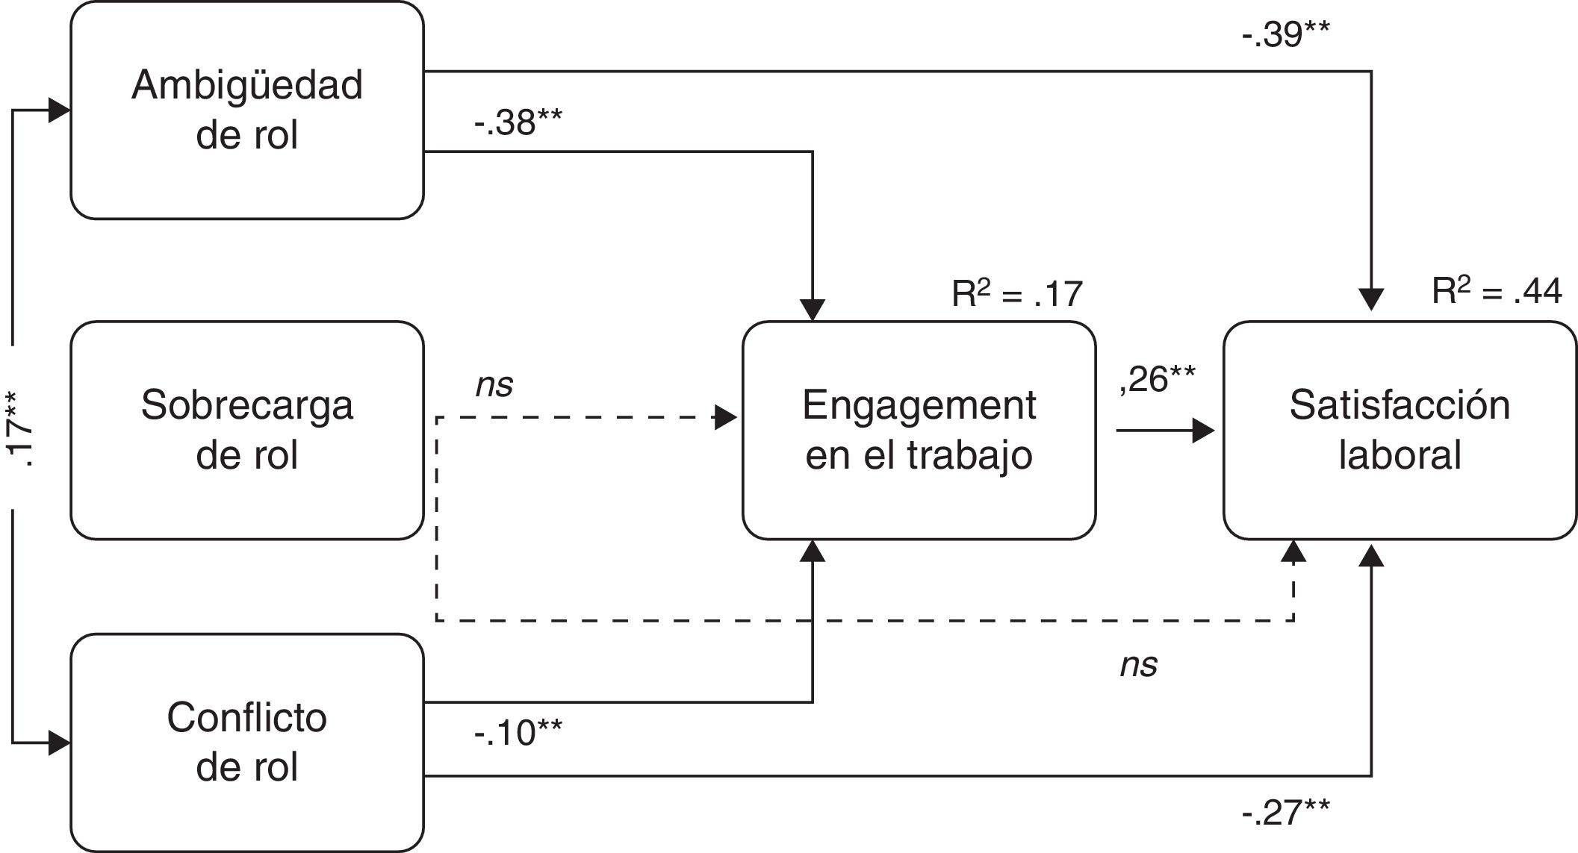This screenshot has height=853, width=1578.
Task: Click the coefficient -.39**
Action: (1285, 34)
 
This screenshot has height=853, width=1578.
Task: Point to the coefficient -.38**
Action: (518, 122)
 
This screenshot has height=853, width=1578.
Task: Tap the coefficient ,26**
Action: (1157, 379)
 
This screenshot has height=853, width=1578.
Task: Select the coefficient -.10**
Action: (518, 733)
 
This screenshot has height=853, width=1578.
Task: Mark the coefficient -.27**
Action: (1285, 812)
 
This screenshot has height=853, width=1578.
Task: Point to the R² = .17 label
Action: (1016, 293)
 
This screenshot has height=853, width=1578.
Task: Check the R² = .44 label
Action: (1497, 290)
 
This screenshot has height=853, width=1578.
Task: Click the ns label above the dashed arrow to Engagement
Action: (494, 386)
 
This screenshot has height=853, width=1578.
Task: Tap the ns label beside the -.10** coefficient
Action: (1138, 665)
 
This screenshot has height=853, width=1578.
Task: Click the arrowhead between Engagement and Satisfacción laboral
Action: (1204, 431)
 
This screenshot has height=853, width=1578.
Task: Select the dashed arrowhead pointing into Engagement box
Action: (726, 418)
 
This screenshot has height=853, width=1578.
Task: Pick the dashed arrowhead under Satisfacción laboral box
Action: (1293, 552)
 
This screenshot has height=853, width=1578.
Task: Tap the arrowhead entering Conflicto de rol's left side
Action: (60, 743)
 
